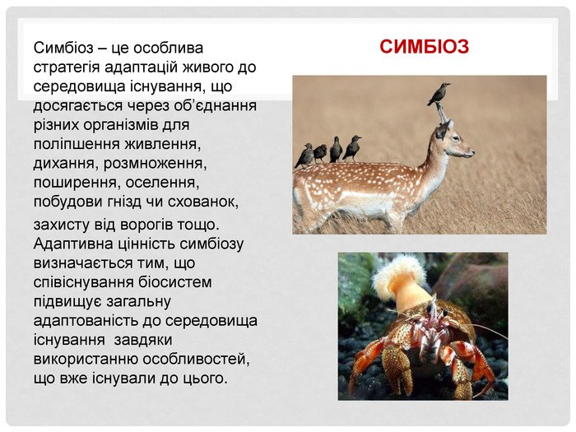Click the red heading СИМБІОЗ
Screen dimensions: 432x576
[424, 47]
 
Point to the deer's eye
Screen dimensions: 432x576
[451, 135]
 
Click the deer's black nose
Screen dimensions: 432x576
[471, 152]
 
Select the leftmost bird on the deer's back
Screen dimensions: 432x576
[304, 156]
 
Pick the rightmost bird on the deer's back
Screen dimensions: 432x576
[352, 148]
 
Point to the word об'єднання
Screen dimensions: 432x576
[217, 106]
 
